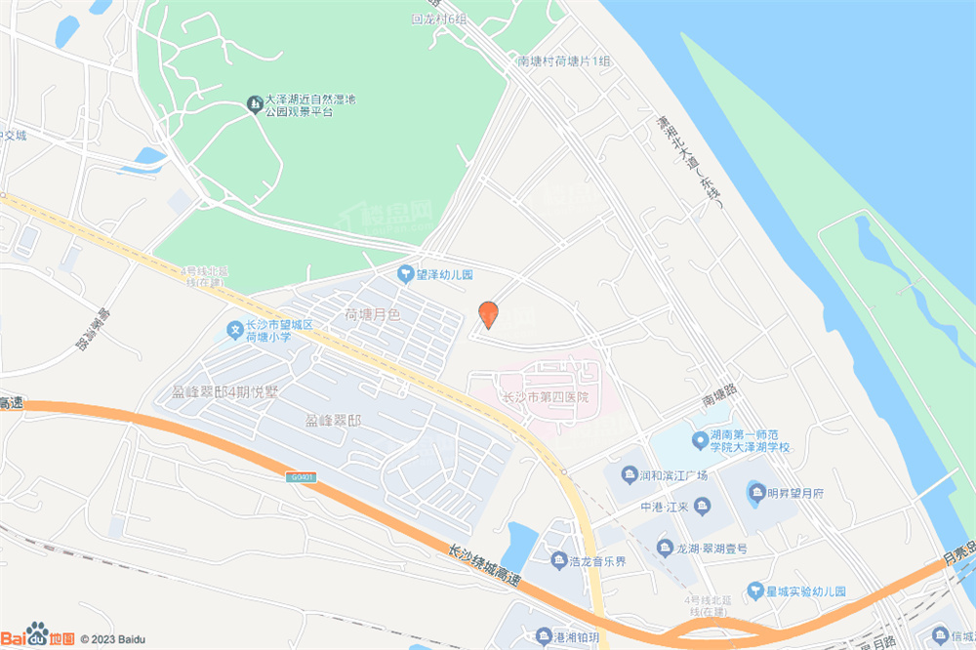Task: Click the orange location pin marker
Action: coord(488,314)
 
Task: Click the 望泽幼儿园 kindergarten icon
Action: coord(404,275)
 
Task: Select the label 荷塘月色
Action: coord(372,314)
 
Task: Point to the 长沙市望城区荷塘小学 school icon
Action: coord(235,331)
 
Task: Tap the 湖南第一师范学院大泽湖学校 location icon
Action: coord(699,440)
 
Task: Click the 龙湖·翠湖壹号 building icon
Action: coord(665,548)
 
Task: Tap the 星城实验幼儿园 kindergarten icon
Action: coord(755,590)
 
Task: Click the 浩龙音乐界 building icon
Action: coord(558,560)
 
